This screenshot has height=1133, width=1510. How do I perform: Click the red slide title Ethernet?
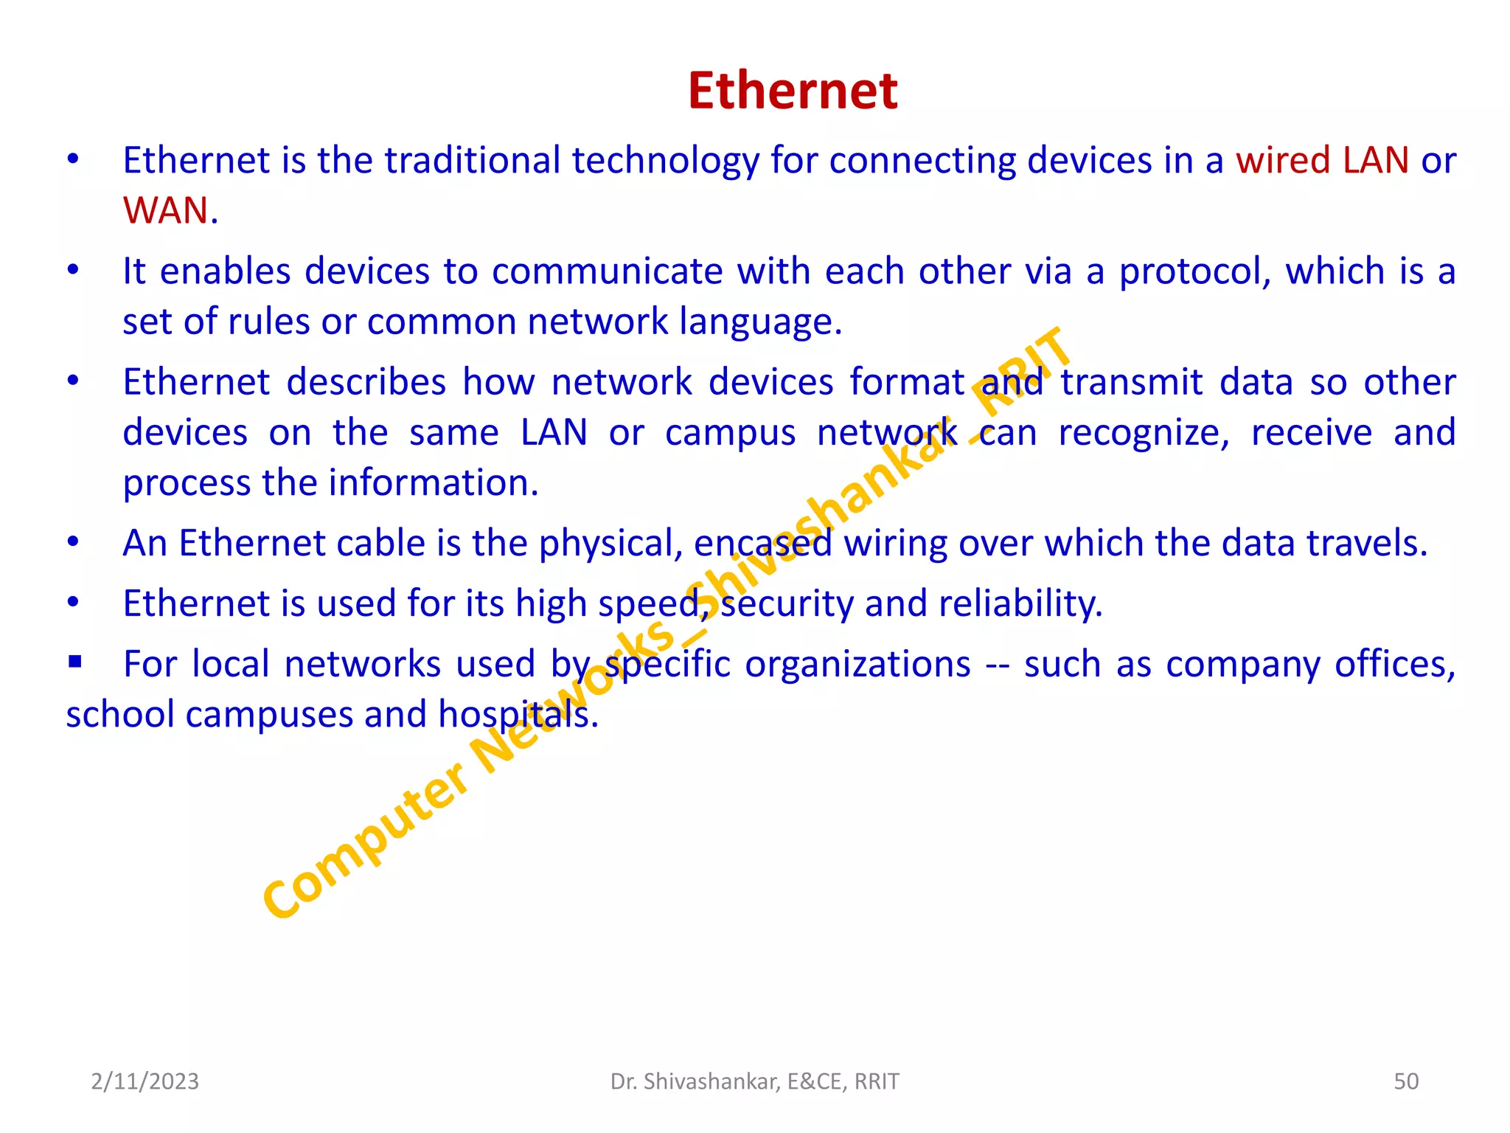793,91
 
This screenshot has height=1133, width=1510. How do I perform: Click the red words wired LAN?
1322,161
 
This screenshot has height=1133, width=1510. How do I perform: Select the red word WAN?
166,211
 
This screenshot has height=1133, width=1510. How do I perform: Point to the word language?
759,322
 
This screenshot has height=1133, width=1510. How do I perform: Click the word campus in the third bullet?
730,433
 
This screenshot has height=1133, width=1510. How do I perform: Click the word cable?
380,544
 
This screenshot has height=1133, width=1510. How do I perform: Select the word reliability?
1020,604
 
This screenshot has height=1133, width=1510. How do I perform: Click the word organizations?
857,665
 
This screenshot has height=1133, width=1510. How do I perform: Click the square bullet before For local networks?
74,662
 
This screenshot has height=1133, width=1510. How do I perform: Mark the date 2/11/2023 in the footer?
145,1081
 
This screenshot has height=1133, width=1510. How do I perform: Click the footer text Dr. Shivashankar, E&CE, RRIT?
755,1081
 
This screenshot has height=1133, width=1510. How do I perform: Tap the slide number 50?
1406,1081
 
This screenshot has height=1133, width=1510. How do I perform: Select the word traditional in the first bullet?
472,161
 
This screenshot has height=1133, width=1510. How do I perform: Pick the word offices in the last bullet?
1394,665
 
